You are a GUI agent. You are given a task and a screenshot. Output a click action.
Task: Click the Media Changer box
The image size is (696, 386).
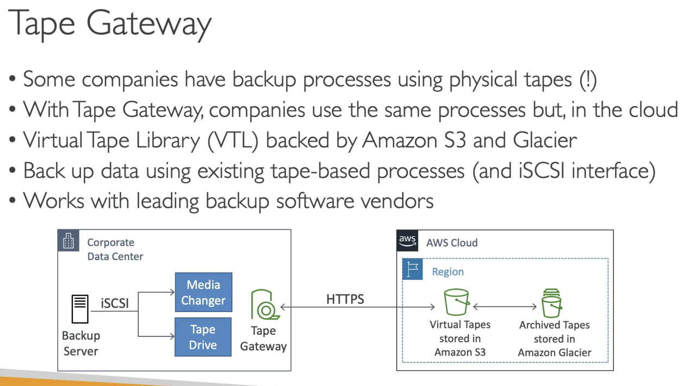203,292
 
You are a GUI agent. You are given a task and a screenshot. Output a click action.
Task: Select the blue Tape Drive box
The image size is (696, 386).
203,337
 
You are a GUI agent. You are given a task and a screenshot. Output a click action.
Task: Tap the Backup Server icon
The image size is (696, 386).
80,309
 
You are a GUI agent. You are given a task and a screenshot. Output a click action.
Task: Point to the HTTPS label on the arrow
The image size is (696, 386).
345,299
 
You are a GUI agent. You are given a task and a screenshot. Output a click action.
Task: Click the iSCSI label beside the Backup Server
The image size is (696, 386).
115,303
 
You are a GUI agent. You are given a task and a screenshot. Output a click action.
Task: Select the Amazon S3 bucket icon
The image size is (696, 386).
456,302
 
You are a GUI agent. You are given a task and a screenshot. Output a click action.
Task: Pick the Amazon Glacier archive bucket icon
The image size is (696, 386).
551,303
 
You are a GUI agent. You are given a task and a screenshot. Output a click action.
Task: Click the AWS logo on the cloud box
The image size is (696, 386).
407,240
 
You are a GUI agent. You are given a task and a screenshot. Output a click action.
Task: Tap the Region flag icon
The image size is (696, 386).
413,270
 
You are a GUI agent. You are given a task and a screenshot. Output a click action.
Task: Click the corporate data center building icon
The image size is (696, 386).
69,241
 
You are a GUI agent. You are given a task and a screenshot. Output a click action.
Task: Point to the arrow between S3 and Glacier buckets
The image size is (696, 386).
505,307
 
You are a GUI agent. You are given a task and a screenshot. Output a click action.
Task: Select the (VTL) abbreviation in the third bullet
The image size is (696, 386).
233,140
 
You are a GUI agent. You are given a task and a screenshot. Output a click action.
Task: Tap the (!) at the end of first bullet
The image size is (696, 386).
588,79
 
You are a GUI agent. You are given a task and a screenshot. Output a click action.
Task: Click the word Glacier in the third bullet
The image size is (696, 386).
544,140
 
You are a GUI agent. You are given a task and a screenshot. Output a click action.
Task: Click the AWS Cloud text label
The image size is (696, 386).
452,242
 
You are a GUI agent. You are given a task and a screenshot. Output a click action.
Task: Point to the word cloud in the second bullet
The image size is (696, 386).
652,110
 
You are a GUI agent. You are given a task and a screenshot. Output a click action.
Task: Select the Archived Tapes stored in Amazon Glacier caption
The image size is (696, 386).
554,339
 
